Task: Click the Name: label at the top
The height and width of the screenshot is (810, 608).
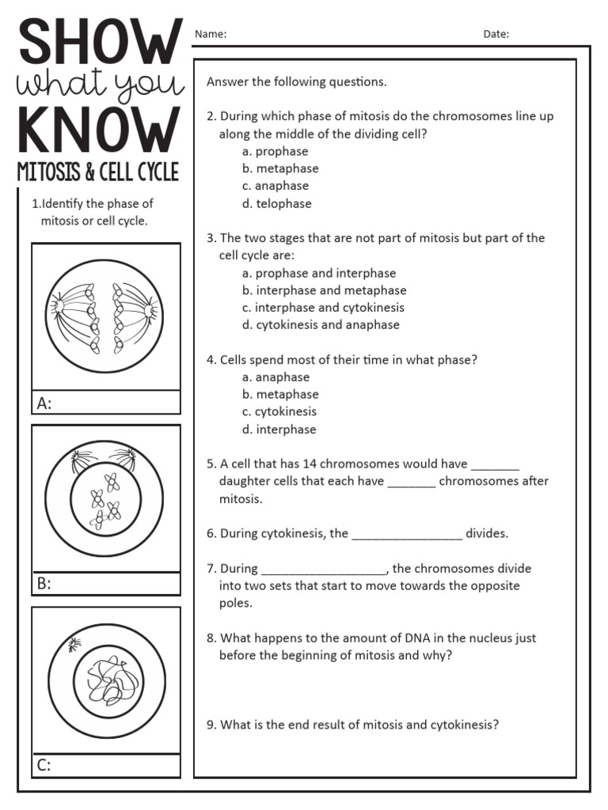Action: [x=211, y=34]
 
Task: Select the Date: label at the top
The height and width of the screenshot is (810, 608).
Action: [x=496, y=34]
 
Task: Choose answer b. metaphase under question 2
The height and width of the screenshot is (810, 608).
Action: [x=280, y=168]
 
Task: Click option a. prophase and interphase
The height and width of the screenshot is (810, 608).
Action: [x=319, y=273]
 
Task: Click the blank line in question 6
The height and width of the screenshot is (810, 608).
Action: [x=406, y=536]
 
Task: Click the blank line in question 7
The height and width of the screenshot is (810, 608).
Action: [x=323, y=570]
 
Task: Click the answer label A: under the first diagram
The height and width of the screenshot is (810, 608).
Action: [x=44, y=403]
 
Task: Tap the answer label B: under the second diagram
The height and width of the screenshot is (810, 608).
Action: [x=44, y=585]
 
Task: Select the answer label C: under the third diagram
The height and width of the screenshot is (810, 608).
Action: [x=44, y=765]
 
